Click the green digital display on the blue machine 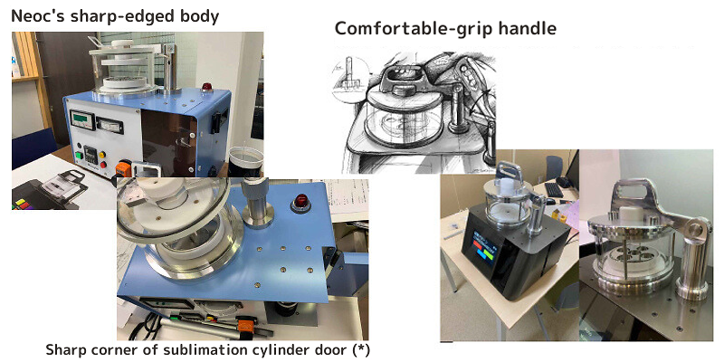(82, 119)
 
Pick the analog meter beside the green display (110, 125)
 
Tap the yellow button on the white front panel (102, 155)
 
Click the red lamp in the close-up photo (300, 202)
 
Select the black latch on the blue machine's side (214, 123)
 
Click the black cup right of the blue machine (245, 162)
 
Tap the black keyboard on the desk (554, 189)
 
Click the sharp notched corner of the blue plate (324, 248)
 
